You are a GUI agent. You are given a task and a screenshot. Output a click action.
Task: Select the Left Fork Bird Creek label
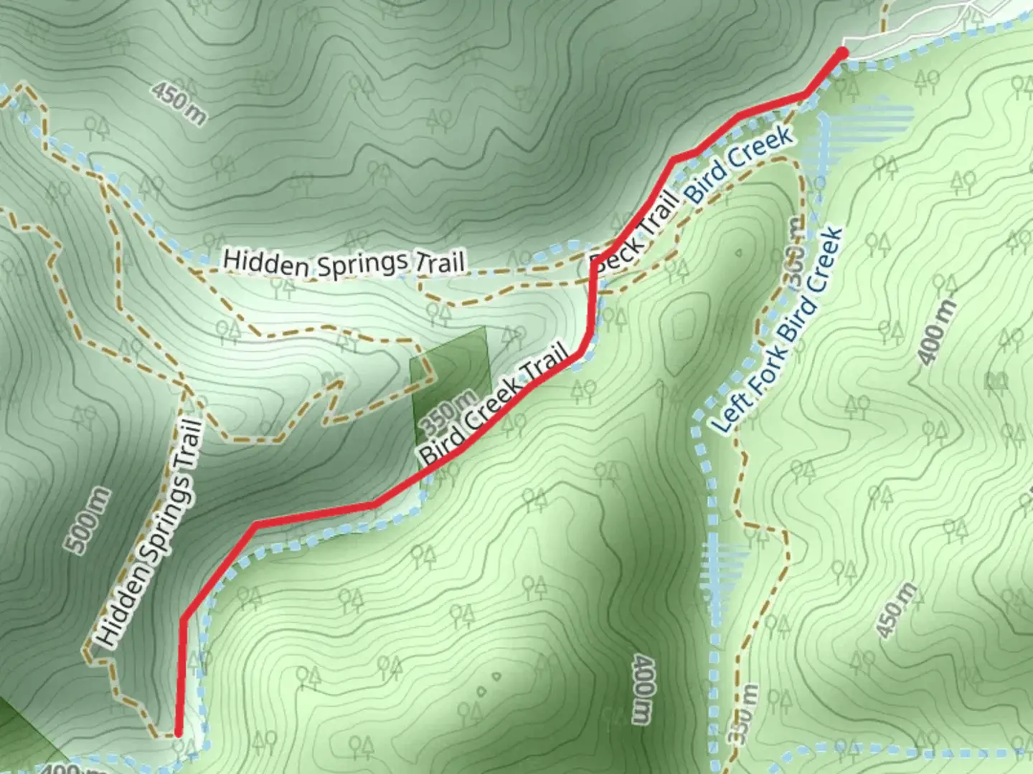(x=779, y=330)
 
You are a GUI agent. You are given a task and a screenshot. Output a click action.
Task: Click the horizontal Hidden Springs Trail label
(x=344, y=262)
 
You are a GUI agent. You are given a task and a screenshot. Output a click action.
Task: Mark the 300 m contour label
(x=792, y=252)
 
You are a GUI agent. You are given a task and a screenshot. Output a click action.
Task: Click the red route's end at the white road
(x=842, y=52)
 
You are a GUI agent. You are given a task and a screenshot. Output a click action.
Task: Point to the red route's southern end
(x=179, y=732)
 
